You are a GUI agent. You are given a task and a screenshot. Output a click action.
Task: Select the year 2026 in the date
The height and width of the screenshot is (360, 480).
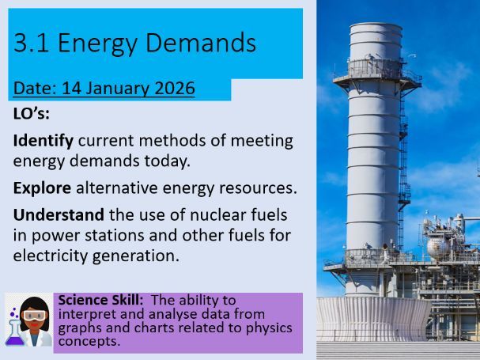(174, 89)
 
